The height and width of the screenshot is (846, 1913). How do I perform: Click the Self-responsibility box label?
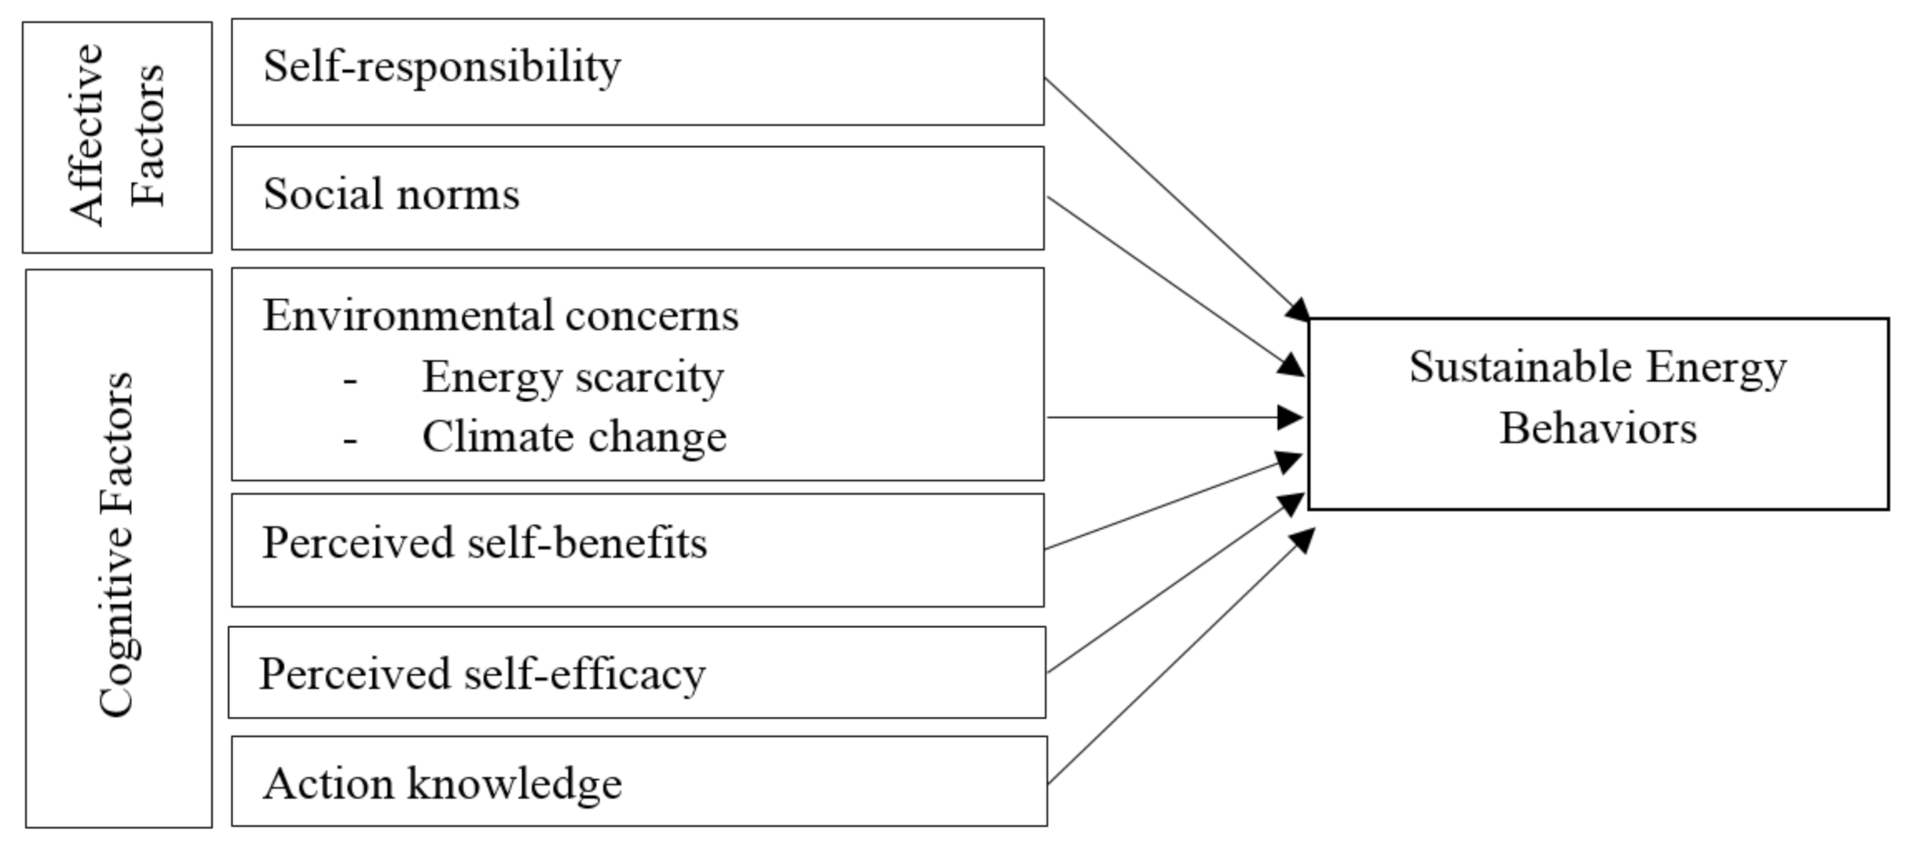441,68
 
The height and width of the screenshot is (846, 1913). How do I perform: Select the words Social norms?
391,194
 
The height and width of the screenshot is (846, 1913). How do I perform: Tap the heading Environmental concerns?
500,316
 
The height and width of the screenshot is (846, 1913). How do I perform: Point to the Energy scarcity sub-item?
572,377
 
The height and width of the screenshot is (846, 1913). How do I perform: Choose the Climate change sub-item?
574,438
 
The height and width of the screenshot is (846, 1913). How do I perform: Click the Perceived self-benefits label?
484,543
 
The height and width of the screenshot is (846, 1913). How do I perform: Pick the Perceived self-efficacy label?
482,674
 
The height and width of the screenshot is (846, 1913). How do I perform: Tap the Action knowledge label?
442,783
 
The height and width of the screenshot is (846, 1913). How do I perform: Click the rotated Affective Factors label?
118,135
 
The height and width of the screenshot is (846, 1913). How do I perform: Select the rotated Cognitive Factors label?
118,545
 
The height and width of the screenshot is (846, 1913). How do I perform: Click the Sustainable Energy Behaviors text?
1598,397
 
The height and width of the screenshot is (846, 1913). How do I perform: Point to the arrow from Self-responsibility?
1175,199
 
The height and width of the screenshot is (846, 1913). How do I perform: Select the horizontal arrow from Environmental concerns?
1175,418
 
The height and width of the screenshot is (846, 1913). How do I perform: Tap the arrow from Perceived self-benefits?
1175,504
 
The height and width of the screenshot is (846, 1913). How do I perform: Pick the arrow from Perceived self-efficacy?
1175,583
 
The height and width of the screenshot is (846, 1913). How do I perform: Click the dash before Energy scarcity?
350,381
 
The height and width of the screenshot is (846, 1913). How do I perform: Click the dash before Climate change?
350,441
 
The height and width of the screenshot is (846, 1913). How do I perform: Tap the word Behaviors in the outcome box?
1598,428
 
